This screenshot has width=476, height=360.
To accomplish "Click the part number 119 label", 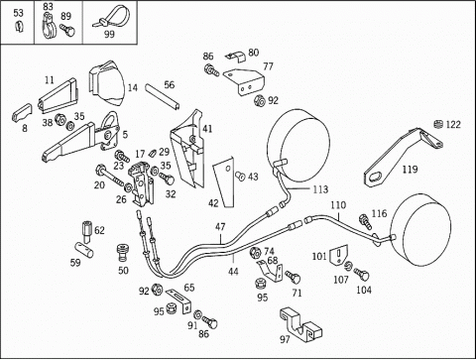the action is tap(410, 170).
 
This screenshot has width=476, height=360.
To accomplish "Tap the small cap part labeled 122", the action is tap(437, 124).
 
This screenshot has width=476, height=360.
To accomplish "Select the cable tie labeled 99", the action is tap(111, 17).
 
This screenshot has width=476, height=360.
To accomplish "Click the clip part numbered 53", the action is tap(19, 26).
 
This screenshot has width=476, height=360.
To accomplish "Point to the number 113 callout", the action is tap(320, 189).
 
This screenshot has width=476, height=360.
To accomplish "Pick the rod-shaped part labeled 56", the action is tap(163, 97).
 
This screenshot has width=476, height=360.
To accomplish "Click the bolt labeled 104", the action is tap(362, 275).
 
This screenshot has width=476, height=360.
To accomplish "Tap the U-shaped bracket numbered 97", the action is tap(300, 324).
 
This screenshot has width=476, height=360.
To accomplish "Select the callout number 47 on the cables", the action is tap(220, 227).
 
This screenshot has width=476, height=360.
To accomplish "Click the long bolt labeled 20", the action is tap(110, 177).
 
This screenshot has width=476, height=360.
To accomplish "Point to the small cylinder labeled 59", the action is tap(84, 250).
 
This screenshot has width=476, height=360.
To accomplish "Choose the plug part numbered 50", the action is tap(123, 253).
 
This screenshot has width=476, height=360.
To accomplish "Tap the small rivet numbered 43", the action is tap(240, 177).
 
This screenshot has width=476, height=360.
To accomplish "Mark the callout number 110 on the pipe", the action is tap(338, 205).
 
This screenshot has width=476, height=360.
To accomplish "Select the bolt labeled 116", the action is tap(365, 221).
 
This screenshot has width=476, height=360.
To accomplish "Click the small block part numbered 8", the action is tap(22, 113).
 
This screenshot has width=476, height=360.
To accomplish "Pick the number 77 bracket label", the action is tap(268, 66).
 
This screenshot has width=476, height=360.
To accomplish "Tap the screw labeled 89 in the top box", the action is tap(67, 30).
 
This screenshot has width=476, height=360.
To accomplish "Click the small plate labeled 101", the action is tap(339, 256).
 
